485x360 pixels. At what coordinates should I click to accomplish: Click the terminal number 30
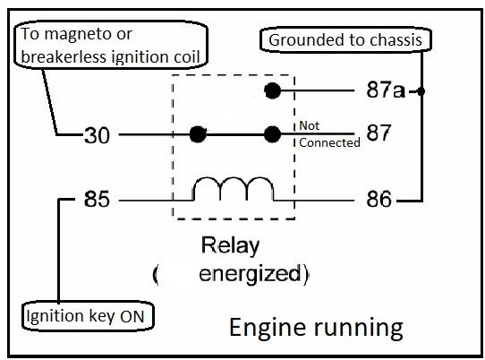pos(97,135)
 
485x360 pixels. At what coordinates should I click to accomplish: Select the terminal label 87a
pos(386,90)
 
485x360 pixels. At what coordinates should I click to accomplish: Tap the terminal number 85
pos(97,199)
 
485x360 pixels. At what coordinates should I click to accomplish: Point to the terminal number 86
pos(379,199)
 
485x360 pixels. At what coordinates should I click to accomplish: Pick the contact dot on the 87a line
pos(273,90)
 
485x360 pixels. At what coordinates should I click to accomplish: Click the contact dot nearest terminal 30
pos(198,134)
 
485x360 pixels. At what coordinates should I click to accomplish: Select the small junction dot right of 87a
pos(421,91)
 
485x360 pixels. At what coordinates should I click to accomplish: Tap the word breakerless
pos(64,57)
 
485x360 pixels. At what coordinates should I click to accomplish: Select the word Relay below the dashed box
pos(230,246)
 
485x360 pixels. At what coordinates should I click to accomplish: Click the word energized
pos(250,274)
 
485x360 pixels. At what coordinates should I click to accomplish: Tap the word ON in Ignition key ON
pos(132,317)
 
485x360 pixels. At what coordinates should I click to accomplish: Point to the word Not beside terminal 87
pos(310,125)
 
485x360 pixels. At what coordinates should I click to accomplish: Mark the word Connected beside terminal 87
pos(329,142)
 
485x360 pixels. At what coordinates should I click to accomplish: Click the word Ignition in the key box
pos(55,317)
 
